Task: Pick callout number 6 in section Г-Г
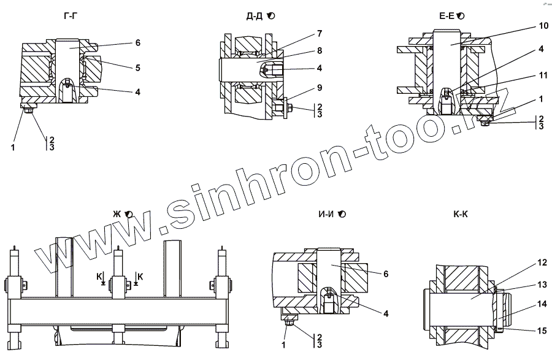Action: pos(138,43)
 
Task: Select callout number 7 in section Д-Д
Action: pos(320,33)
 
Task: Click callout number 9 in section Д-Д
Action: pos(320,87)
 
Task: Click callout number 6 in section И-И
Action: pos(385,274)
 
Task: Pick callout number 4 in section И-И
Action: pos(385,314)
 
